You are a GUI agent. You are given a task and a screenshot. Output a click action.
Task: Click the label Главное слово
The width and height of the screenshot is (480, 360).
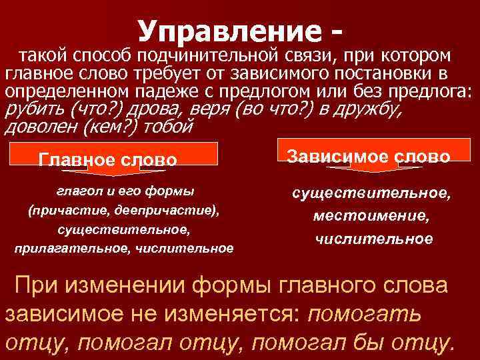point(108,160)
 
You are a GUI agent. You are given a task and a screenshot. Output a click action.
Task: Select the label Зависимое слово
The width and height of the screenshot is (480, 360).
point(369,157)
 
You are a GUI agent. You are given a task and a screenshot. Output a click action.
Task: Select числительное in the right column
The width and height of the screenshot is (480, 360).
point(371,239)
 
